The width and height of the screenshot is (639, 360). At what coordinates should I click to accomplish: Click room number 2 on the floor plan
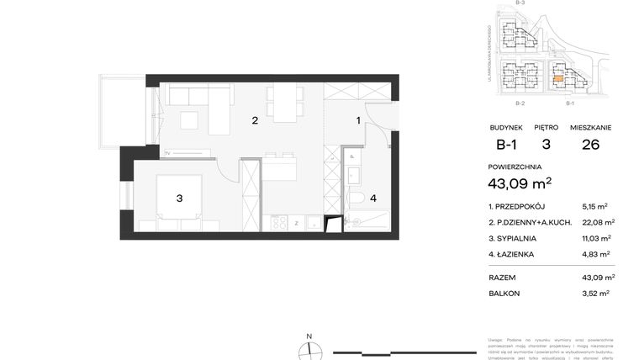click(x=255, y=120)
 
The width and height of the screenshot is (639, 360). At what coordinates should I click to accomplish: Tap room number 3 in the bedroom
click(x=179, y=199)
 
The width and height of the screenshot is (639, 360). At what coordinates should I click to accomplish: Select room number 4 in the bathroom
click(x=373, y=199)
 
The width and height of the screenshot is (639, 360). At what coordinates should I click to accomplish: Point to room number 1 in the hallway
click(x=358, y=120)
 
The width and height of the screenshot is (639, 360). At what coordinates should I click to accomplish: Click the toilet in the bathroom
click(x=356, y=199)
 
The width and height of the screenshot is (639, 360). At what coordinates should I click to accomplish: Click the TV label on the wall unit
click(x=167, y=153)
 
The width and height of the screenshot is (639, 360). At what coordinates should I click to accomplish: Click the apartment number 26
click(x=590, y=144)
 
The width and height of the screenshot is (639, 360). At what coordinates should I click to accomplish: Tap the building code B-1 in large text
click(x=506, y=144)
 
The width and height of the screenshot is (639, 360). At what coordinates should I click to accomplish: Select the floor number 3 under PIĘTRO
click(x=546, y=144)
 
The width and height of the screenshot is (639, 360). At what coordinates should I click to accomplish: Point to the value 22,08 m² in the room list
click(x=598, y=222)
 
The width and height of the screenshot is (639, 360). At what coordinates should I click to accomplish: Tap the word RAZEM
click(x=502, y=278)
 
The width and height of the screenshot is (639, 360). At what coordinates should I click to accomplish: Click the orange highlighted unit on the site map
click(x=559, y=81)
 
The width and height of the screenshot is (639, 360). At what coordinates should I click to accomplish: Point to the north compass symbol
click(x=309, y=350)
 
